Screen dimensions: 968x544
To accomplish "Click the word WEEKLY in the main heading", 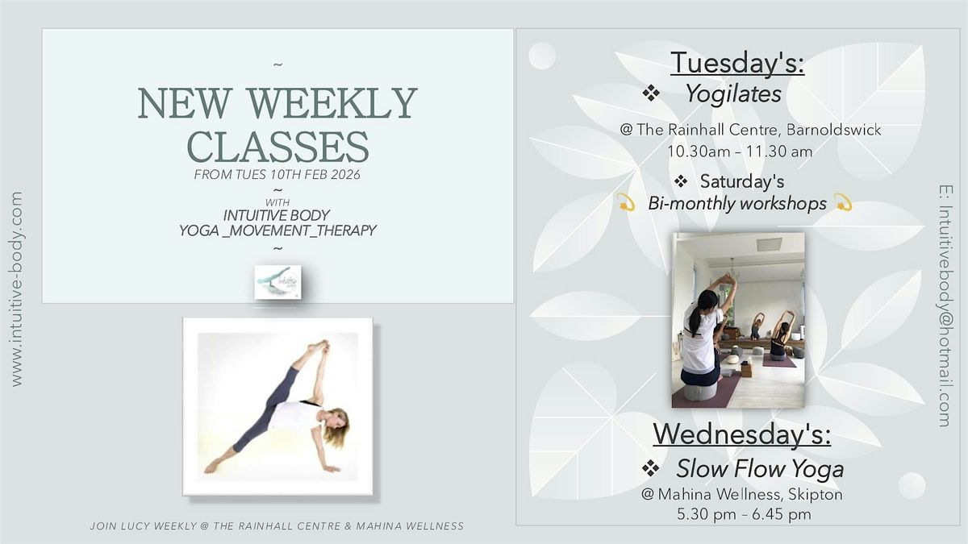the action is point(332,103).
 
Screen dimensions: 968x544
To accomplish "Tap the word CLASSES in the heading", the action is point(277,147).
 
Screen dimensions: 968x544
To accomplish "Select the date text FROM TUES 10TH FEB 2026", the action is point(277,175).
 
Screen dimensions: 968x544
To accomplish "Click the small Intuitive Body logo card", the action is point(277,282).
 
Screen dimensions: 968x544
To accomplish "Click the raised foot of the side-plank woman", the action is point(319,346).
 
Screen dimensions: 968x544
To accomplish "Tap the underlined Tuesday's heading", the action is point(737,63).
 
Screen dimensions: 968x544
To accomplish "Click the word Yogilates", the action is point(733,94).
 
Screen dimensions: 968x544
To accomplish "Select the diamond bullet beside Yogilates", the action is point(651,93).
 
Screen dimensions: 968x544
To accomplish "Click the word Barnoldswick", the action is point(833,130).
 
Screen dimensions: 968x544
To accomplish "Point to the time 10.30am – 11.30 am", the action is point(740,152).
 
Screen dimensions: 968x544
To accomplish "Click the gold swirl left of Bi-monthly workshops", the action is point(625,202).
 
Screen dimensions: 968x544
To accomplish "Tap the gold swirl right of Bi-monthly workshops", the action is point(843,202).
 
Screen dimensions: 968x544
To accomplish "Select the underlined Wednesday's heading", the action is point(741,434).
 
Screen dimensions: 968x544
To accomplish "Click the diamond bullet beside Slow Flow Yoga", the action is point(650,468).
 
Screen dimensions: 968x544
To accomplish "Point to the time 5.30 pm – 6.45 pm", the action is point(744,515).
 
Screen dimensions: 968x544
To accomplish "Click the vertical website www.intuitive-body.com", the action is point(16,289).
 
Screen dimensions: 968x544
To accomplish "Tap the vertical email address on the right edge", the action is point(945,306).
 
